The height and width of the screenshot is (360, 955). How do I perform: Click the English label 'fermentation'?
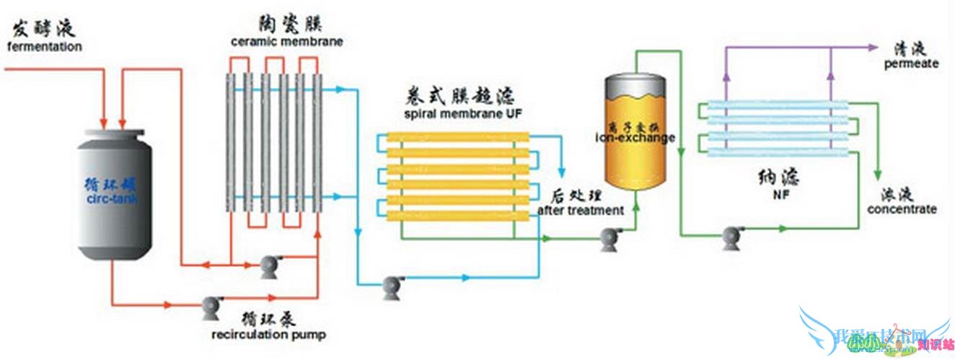(45, 47)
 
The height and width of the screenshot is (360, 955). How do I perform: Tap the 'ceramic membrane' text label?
(286, 42)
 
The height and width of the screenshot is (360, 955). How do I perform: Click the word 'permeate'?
(912, 63)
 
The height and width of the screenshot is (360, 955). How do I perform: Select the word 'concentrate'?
(902, 209)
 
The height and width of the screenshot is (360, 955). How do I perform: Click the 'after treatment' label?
(581, 211)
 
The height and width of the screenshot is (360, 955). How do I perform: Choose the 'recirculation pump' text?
(268, 334)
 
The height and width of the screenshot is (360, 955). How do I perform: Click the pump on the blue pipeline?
(393, 287)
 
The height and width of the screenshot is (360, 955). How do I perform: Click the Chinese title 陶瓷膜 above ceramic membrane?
(287, 24)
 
